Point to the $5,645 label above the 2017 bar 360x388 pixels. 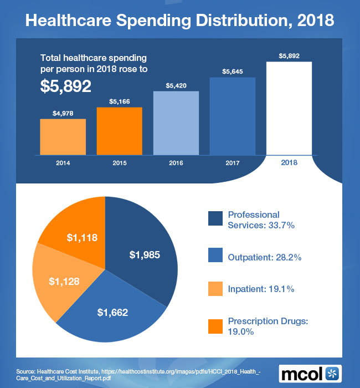click(x=232, y=72)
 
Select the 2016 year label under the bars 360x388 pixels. click(x=176, y=162)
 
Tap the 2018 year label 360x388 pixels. click(x=289, y=162)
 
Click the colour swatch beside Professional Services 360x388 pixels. click(x=215, y=219)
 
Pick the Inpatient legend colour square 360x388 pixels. click(x=215, y=289)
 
